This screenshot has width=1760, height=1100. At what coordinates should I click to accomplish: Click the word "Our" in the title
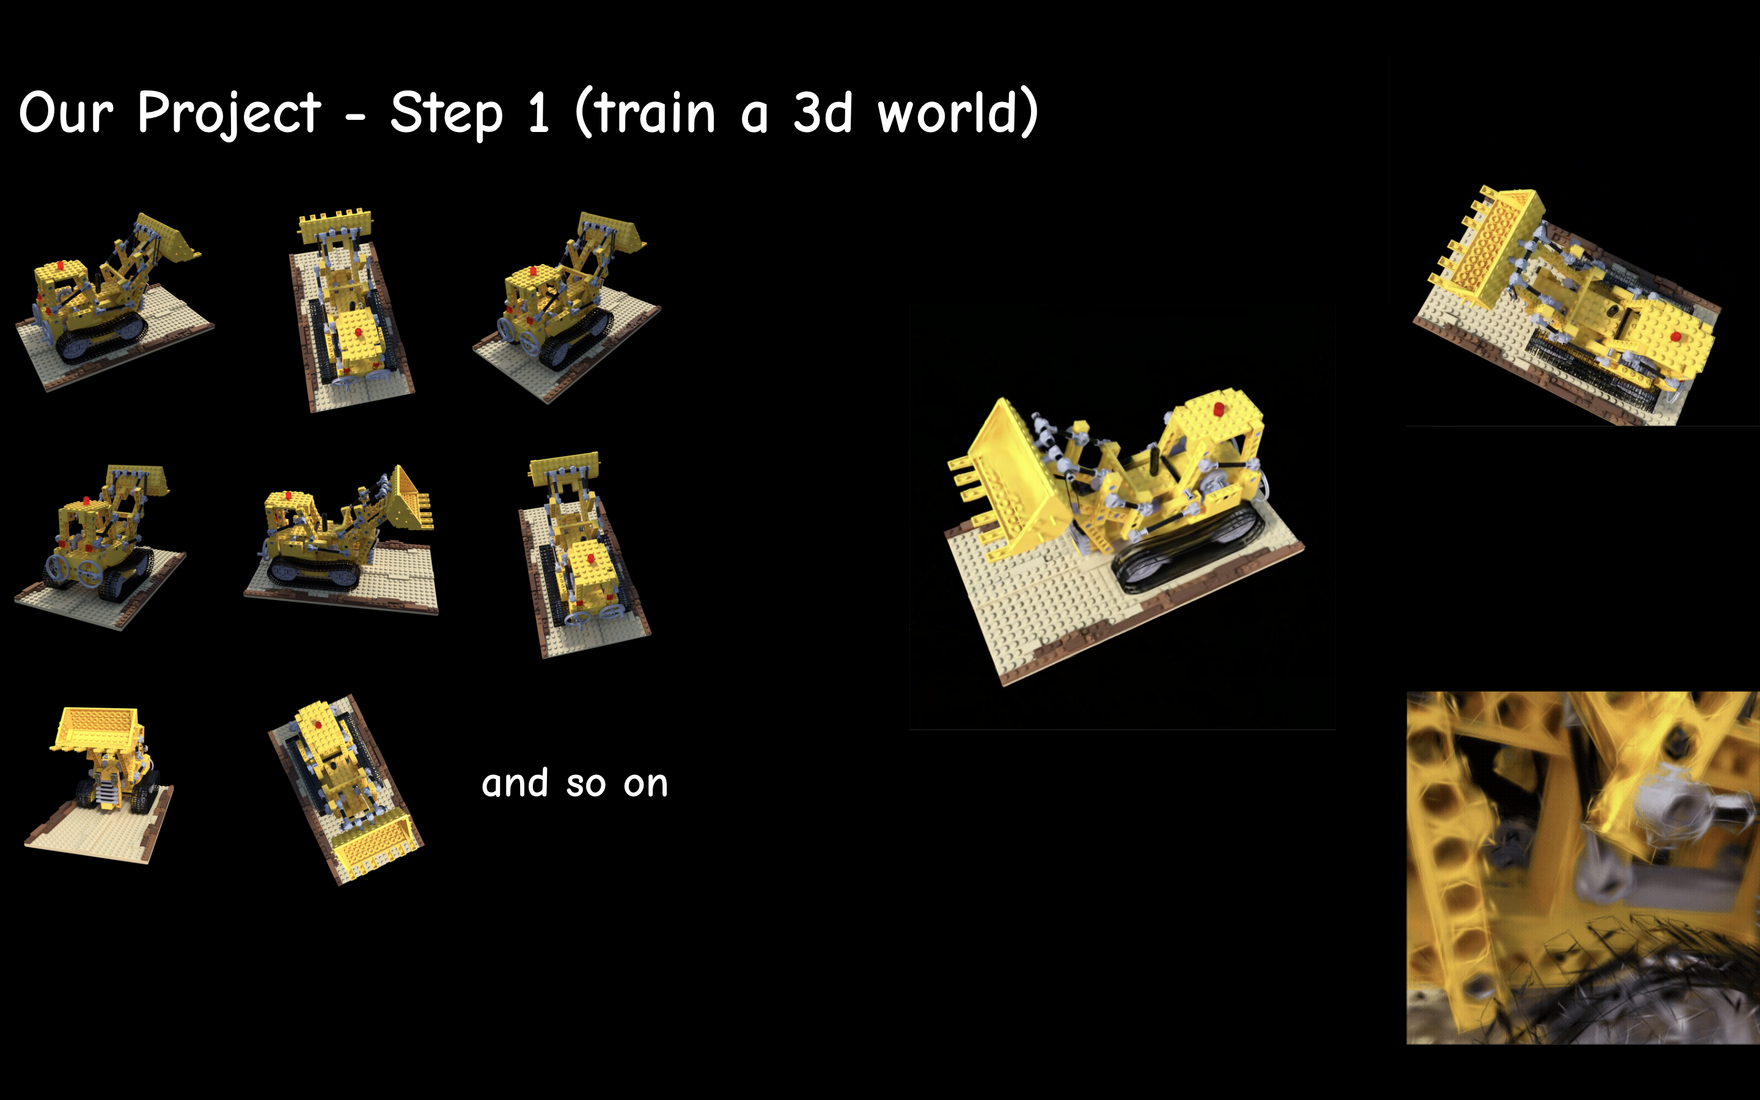(66, 114)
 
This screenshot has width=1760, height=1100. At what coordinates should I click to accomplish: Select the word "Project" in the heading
(229, 114)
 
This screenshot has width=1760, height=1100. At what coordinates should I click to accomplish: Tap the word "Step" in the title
(446, 114)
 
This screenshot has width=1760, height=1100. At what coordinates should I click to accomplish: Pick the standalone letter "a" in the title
(754, 119)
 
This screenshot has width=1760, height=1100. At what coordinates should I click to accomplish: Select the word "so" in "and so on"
(585, 787)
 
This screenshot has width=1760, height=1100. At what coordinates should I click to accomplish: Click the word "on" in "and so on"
(645, 787)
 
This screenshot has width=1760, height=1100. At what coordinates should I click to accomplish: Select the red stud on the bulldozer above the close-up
(1675, 337)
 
